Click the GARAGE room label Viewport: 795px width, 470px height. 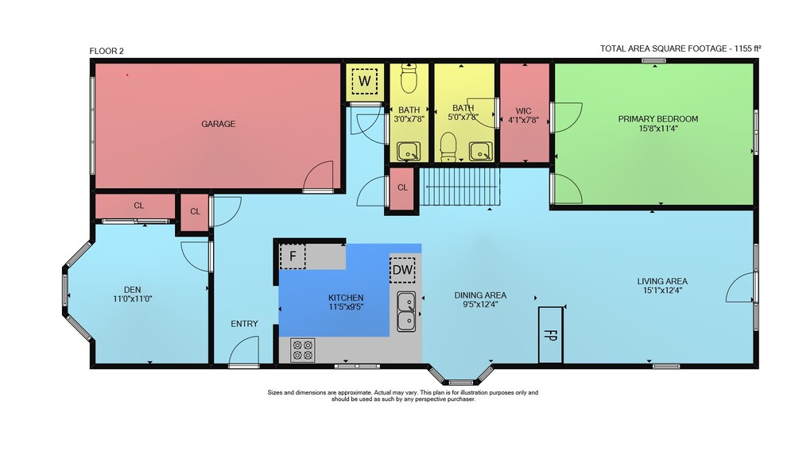[x=218, y=124]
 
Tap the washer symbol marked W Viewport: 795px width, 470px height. [x=365, y=81]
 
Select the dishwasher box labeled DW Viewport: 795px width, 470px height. [x=403, y=270]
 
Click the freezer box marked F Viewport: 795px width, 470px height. [x=293, y=256]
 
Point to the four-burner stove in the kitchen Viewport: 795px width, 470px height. [x=303, y=350]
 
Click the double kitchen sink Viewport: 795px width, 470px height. [x=406, y=311]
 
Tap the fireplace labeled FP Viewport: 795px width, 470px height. [x=551, y=335]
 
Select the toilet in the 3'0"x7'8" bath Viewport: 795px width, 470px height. [x=409, y=79]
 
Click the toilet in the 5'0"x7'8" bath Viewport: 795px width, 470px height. [x=448, y=146]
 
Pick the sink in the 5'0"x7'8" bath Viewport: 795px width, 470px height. [x=480, y=152]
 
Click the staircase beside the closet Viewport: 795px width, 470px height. [x=460, y=187]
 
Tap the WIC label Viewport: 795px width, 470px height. [x=524, y=111]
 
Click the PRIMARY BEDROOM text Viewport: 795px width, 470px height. [x=658, y=119]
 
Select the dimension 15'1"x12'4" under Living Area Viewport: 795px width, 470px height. [x=662, y=291]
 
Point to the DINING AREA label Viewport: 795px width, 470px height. [x=480, y=295]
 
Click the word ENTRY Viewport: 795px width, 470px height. [x=244, y=324]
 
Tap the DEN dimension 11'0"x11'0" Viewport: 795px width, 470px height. [x=133, y=299]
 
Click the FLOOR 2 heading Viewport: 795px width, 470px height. [x=107, y=51]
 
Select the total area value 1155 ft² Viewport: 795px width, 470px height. [x=748, y=48]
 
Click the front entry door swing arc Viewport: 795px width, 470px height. [x=246, y=342]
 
